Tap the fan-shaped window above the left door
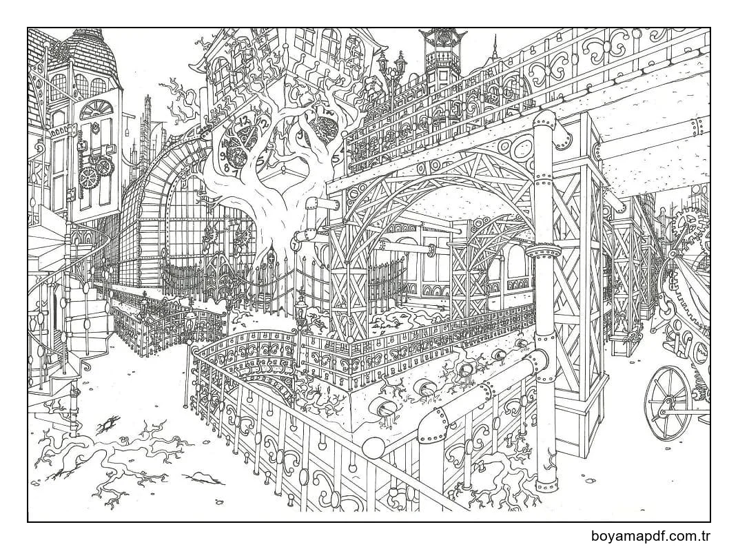click(96, 110)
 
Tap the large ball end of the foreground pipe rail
click(374, 448)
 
